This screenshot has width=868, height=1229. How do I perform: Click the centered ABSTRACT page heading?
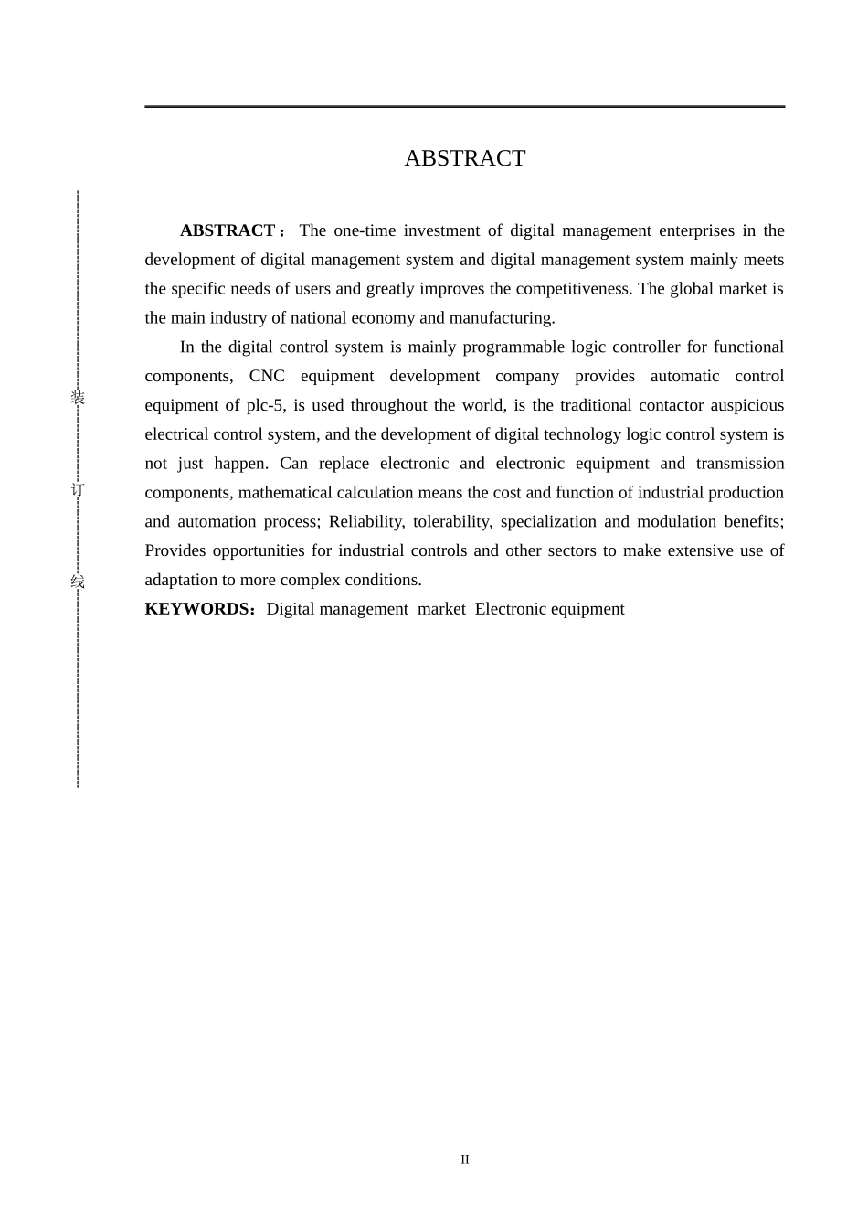(x=464, y=158)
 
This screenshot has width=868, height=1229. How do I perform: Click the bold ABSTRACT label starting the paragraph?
(x=228, y=230)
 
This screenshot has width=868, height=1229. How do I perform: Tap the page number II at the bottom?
(x=465, y=1160)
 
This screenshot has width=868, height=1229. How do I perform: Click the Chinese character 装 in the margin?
(x=78, y=398)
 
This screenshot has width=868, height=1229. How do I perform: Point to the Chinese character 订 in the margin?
(x=78, y=490)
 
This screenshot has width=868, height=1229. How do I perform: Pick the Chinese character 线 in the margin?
(x=78, y=582)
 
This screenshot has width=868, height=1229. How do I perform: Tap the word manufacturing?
(x=501, y=318)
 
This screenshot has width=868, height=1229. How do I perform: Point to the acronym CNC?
(x=267, y=377)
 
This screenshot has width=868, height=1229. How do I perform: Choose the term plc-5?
(x=266, y=406)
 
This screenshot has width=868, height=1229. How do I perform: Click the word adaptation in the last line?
(x=181, y=581)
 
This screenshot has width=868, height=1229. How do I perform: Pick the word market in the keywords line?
(x=441, y=609)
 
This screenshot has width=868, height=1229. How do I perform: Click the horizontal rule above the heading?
(x=464, y=107)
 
